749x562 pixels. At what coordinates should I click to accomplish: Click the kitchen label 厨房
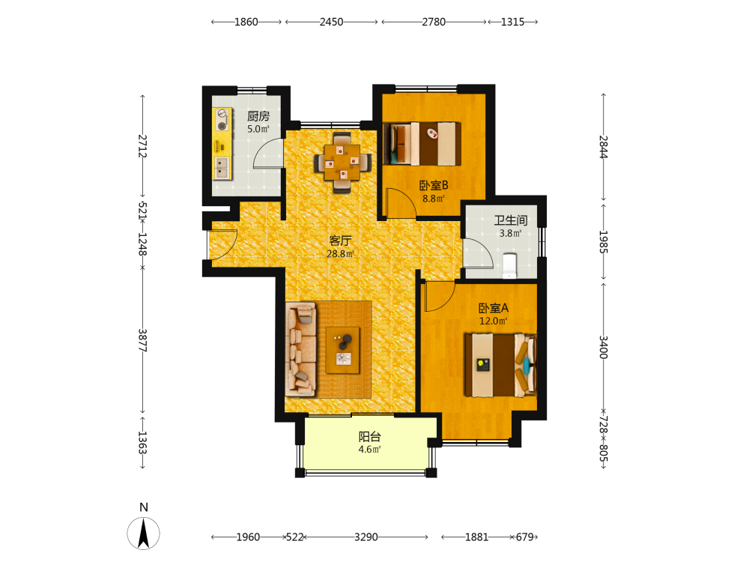click(x=258, y=116)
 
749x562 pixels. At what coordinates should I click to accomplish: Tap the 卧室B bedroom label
click(x=434, y=185)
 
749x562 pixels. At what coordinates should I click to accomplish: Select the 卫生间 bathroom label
click(x=511, y=220)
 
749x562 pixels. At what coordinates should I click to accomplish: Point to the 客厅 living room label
click(x=340, y=241)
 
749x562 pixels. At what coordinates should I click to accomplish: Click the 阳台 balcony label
click(x=370, y=436)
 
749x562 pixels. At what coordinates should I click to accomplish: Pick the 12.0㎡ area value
click(x=494, y=321)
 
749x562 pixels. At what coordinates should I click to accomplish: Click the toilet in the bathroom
click(x=509, y=266)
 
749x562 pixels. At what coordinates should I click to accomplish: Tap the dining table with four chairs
click(x=342, y=163)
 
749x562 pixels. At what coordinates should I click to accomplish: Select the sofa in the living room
click(x=301, y=349)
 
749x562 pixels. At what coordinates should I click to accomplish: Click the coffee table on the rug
click(x=343, y=350)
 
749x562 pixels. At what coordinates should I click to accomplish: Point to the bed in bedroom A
click(x=500, y=365)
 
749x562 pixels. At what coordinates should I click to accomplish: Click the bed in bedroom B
click(x=422, y=144)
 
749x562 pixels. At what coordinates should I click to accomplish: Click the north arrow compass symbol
click(x=143, y=532)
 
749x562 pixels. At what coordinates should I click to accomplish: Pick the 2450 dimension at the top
click(x=332, y=22)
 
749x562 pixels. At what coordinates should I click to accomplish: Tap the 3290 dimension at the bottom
click(x=366, y=537)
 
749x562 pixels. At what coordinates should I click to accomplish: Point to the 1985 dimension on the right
click(x=603, y=242)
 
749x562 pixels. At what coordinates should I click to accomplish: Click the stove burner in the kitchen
click(x=221, y=126)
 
